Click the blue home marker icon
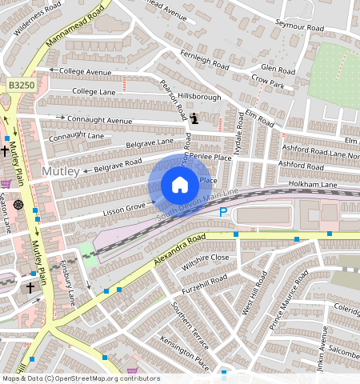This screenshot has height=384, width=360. pyautogui.click(x=180, y=186)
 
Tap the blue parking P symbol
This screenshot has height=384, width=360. pyautogui.click(x=223, y=212)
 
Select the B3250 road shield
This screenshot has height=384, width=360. pyautogui.click(x=21, y=84)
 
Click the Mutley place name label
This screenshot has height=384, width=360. pyautogui.click(x=61, y=172)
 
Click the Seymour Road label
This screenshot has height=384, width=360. pyautogui.click(x=296, y=24)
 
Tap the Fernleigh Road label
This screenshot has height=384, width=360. pyautogui.click(x=205, y=61)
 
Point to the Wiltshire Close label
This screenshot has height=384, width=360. pyautogui.click(x=205, y=258)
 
